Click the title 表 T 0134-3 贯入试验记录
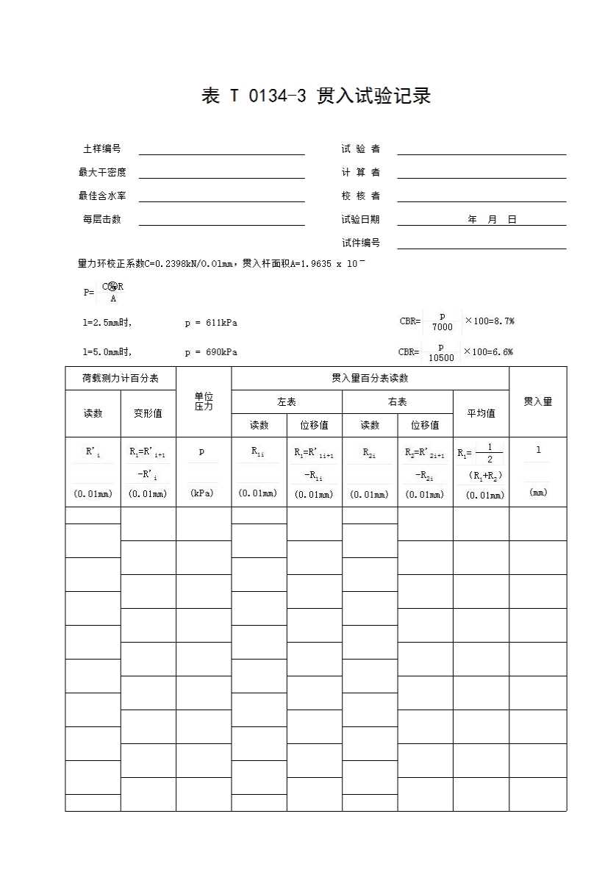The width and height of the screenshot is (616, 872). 315,96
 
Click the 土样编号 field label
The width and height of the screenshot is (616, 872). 102,149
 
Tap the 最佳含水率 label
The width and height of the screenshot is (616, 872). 102,196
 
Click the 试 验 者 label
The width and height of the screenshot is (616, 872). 360,149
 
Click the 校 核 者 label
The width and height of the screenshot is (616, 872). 360,196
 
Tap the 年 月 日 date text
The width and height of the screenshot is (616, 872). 492,220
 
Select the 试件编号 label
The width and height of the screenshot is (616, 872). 360,243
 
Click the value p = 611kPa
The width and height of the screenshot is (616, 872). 211,323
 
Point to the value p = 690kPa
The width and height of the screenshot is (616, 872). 211,352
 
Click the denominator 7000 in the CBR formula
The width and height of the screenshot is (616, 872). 443,327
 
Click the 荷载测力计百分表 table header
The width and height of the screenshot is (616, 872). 121,378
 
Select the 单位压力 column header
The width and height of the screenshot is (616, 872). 204,401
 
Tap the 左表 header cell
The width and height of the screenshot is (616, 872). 287,402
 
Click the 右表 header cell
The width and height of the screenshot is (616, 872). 398,402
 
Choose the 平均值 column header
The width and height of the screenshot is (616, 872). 481,413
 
